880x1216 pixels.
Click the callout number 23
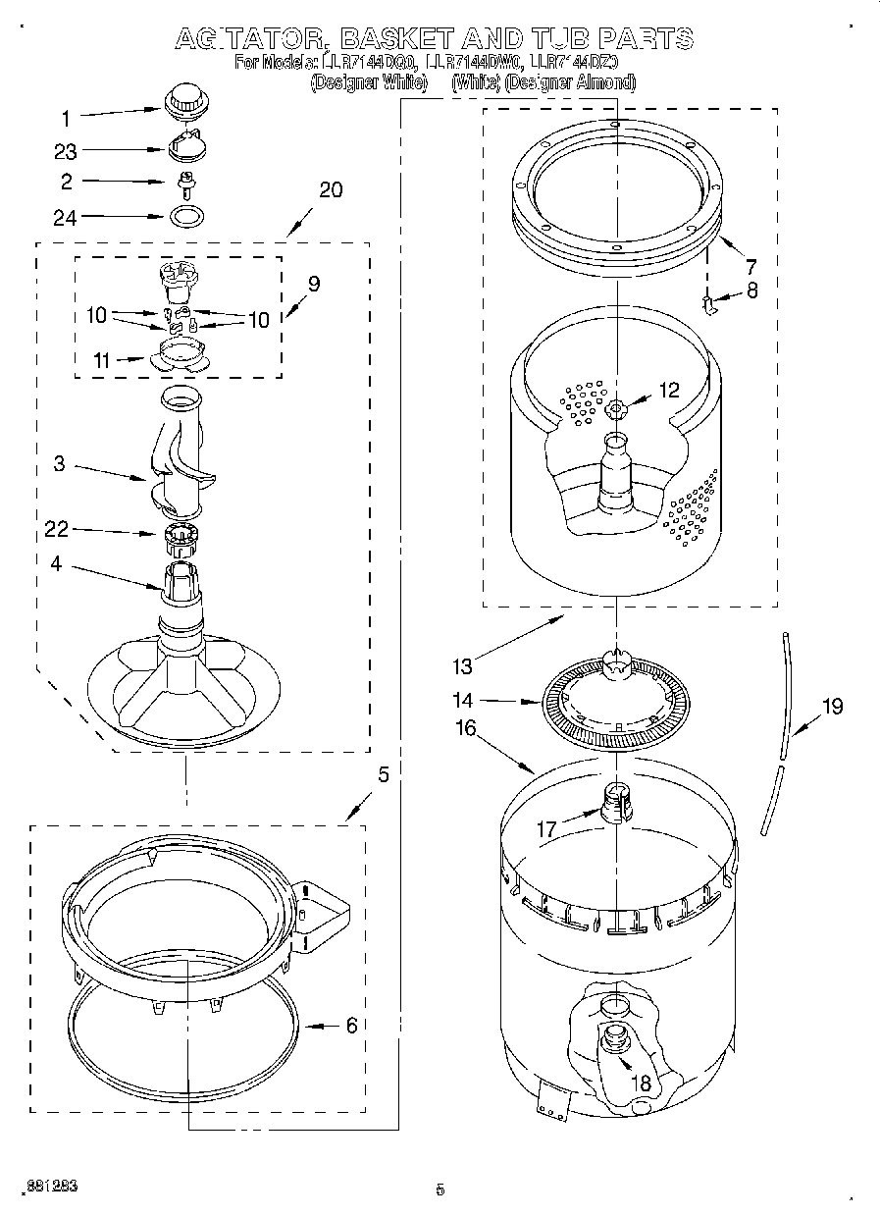pyautogui.click(x=66, y=151)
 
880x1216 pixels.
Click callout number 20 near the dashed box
pyautogui.click(x=331, y=189)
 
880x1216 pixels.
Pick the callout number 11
pyautogui.click(x=101, y=361)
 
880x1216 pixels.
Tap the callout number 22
pyautogui.click(x=56, y=530)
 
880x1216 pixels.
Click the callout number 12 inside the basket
pyautogui.click(x=668, y=390)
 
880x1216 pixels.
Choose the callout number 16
pyautogui.click(x=465, y=727)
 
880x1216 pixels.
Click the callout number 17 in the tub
pyautogui.click(x=546, y=829)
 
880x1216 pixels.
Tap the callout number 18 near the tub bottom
pyautogui.click(x=641, y=1084)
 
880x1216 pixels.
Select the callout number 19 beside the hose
pyautogui.click(x=832, y=706)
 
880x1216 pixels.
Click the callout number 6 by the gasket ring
pyautogui.click(x=350, y=1026)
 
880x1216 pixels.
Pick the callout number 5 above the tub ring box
pyautogui.click(x=383, y=774)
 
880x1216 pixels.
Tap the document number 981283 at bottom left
pyautogui.click(x=52, y=1187)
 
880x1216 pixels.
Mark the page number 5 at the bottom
pyautogui.click(x=440, y=1190)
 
